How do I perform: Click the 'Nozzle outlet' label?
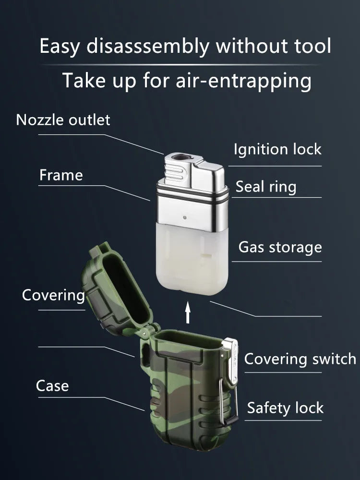(x=63, y=120)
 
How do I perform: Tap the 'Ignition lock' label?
(x=277, y=150)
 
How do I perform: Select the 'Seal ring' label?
(x=266, y=187)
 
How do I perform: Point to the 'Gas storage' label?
(x=280, y=247)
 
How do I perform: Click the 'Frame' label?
(x=61, y=175)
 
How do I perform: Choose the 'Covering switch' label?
(x=300, y=359)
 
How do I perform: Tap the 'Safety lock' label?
(x=285, y=408)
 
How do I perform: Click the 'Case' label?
(x=52, y=386)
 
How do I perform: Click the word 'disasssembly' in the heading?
(x=148, y=46)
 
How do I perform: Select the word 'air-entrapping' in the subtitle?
(x=244, y=81)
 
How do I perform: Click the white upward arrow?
(x=188, y=312)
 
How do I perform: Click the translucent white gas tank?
(x=192, y=259)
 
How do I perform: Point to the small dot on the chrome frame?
(x=185, y=217)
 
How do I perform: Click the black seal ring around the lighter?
(x=192, y=197)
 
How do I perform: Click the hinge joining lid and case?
(x=147, y=331)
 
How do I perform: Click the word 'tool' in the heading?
(x=312, y=46)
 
